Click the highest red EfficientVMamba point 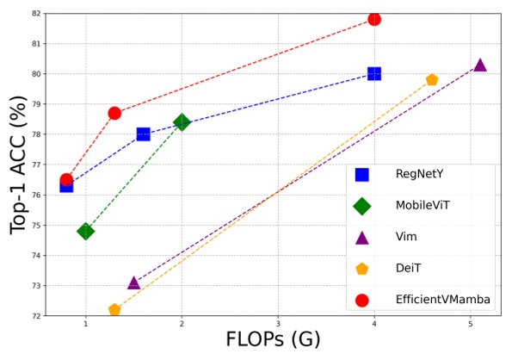pos(374,19)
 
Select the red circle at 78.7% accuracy pos(114,113)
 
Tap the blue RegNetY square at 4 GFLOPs pos(374,74)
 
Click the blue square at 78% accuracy pos(143,133)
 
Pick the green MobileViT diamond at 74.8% pos(85,231)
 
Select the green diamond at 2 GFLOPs pos(182,122)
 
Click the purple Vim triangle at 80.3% pos(480,65)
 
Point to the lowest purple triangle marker pos(133,282)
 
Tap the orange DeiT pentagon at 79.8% pos(432,80)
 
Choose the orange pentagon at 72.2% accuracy pos(114,310)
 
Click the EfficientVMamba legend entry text pos(443,300)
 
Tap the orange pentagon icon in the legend pos(362,269)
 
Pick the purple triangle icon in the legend pos(362,238)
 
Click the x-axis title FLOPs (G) pos(273,340)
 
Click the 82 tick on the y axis pos(35,14)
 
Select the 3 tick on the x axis pos(278,323)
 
